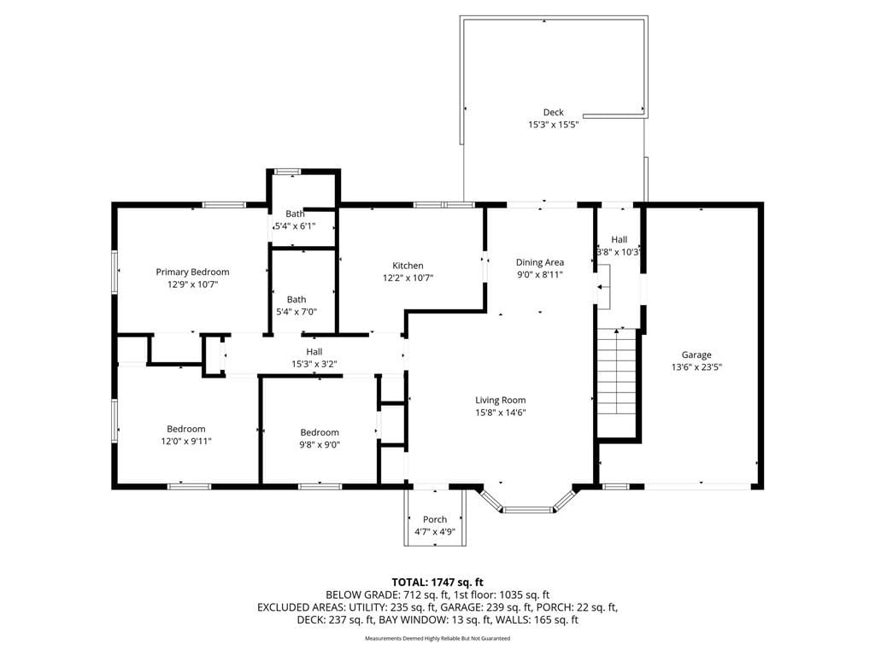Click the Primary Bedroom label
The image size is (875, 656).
(x=192, y=272)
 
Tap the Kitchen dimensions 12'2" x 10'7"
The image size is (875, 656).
(x=408, y=278)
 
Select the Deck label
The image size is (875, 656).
(x=554, y=112)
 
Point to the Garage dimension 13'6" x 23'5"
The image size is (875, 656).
(x=696, y=367)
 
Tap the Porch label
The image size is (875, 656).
(x=435, y=519)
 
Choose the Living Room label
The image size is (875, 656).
(x=501, y=400)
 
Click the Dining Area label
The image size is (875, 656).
(x=540, y=262)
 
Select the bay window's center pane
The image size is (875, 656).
(x=528, y=509)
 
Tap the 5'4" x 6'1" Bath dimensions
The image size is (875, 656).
(x=295, y=226)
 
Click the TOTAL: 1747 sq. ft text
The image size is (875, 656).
(x=437, y=583)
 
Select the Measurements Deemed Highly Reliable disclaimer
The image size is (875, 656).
(x=437, y=638)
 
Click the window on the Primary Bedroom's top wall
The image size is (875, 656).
(x=224, y=205)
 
